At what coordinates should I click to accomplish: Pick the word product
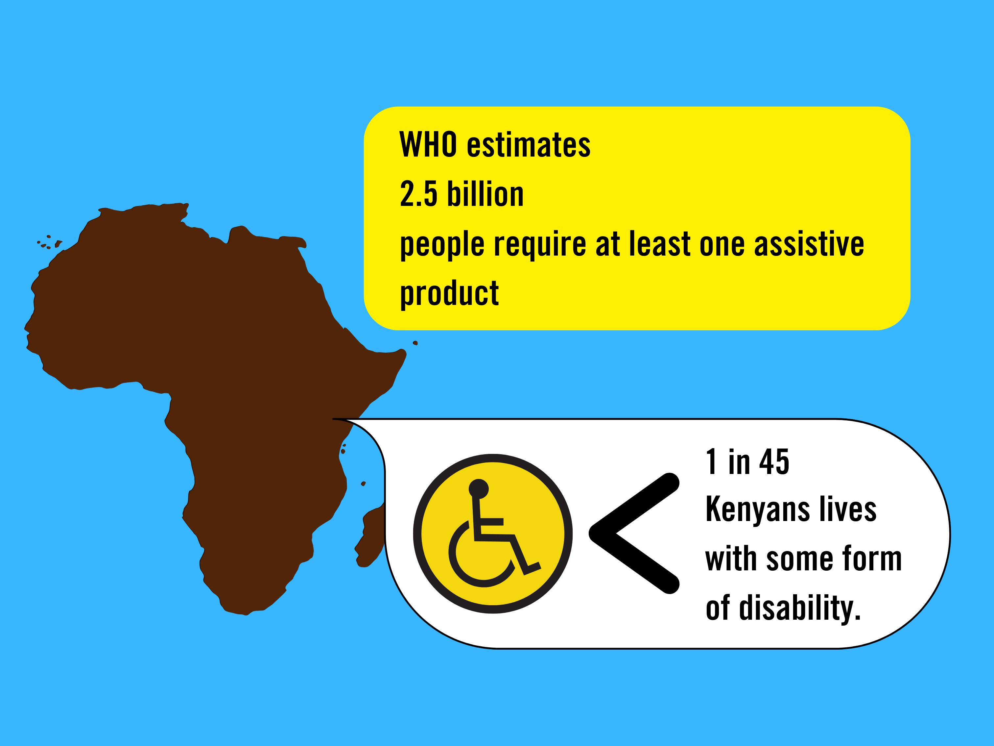(x=449, y=294)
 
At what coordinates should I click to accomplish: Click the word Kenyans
(x=758, y=510)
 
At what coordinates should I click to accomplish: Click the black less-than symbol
(x=634, y=533)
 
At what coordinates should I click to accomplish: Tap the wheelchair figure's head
(x=479, y=489)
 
